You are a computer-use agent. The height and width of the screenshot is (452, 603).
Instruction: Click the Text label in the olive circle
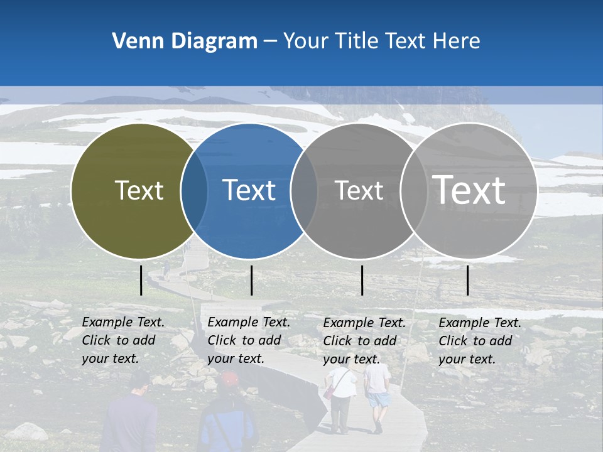pyautogui.click(x=139, y=190)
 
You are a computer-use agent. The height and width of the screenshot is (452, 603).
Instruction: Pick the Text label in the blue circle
pyautogui.click(x=249, y=190)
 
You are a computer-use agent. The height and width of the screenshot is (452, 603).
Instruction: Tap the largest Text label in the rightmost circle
pyautogui.click(x=469, y=190)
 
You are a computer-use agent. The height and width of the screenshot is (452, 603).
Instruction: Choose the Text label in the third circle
pyautogui.click(x=359, y=190)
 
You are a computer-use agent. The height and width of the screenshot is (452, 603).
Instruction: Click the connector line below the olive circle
pyautogui.click(x=141, y=280)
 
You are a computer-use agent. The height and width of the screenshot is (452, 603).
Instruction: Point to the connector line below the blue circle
pyautogui.click(x=251, y=280)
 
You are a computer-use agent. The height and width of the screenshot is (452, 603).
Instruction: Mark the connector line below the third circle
pyautogui.click(x=362, y=280)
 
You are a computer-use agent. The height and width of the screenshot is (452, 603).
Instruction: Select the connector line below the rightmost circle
pyautogui.click(x=467, y=280)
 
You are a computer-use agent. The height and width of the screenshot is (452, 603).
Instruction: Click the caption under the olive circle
pyautogui.click(x=122, y=340)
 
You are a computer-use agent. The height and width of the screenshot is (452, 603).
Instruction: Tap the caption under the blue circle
pyautogui.click(x=248, y=340)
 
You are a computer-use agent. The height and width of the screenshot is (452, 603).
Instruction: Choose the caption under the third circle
pyautogui.click(x=364, y=341)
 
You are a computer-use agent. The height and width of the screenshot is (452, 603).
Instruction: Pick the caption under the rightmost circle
pyautogui.click(x=479, y=341)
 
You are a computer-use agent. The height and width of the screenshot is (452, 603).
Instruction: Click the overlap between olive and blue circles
pyautogui.click(x=195, y=191)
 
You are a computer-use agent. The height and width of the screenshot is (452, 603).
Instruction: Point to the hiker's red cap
pyautogui.click(x=230, y=379)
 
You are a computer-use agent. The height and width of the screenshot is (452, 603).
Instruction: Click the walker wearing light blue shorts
pyautogui.click(x=377, y=395)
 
